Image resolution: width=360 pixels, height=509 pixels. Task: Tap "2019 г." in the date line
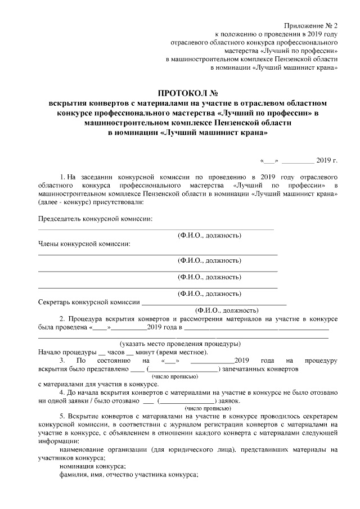327,160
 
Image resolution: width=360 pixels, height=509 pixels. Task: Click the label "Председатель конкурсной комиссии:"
95,219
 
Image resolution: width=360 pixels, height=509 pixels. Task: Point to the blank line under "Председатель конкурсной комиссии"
156,229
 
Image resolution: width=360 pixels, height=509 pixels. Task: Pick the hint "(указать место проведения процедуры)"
180,344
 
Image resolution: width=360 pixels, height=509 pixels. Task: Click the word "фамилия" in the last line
74,475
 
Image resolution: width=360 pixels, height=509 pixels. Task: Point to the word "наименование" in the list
84,450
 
